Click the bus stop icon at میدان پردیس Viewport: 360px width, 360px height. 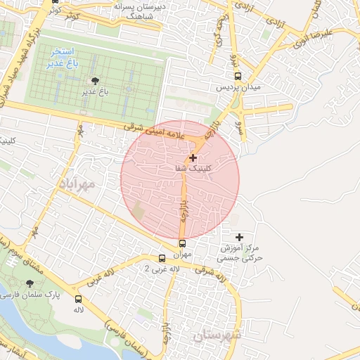click(238, 77)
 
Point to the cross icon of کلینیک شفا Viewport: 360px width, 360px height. click(193, 159)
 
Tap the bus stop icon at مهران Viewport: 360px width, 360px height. click(184, 244)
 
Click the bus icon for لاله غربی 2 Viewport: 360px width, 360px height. click(162, 259)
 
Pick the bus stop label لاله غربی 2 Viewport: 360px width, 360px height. click(162, 269)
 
